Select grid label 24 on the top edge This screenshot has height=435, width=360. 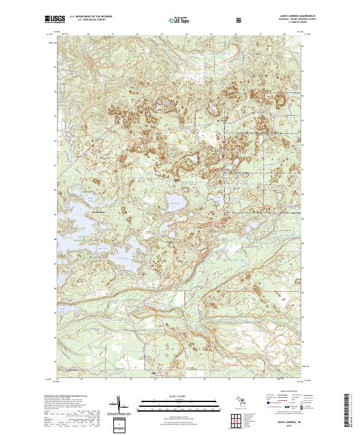tap(188, 35)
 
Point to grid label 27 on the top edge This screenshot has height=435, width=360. tap(261, 35)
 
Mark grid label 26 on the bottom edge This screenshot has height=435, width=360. tap(229, 379)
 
